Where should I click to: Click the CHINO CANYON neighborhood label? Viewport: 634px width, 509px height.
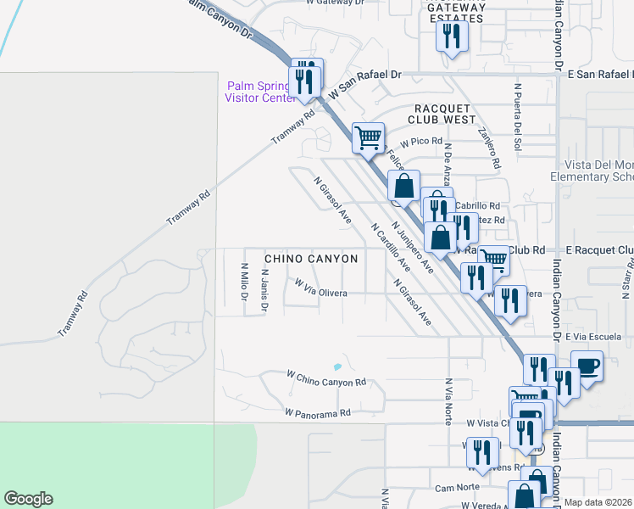click(x=311, y=258)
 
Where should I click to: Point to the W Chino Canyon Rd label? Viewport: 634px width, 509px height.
click(x=326, y=378)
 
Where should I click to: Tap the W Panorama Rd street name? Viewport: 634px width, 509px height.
click(x=318, y=413)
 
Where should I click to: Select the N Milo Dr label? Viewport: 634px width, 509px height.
click(x=242, y=282)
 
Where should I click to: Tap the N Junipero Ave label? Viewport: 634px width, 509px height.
click(x=413, y=247)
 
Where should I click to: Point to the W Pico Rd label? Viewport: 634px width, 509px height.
click(x=423, y=142)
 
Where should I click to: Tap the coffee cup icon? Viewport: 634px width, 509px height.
click(x=587, y=366)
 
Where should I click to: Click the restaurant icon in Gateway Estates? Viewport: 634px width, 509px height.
click(x=451, y=36)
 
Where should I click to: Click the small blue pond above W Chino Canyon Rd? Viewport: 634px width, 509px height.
click(x=337, y=367)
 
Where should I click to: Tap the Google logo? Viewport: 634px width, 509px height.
click(x=28, y=499)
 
